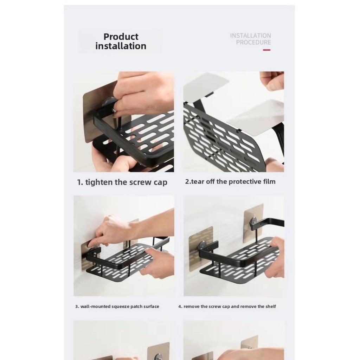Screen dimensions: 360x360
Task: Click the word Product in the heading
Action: [121, 37]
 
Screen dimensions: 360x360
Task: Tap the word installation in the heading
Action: [121, 46]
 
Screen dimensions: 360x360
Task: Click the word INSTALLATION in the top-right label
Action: [250, 36]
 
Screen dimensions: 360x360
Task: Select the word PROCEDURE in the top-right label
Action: [253, 43]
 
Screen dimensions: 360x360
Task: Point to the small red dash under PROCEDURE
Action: [266, 50]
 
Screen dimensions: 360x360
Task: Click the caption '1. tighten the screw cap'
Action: [122, 182]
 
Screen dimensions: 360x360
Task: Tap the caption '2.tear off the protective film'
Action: [230, 182]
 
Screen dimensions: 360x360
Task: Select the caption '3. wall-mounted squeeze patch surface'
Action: [117, 307]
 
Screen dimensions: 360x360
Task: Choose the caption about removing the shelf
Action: [227, 307]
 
